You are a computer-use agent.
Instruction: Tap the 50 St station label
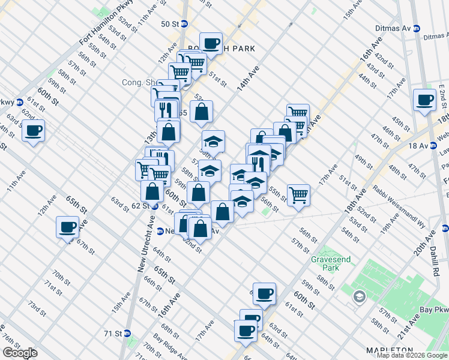(x=170, y=24)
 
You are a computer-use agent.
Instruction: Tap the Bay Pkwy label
(x=435, y=310)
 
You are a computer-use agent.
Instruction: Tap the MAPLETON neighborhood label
(x=390, y=350)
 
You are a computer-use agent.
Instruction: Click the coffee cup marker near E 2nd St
(x=425, y=100)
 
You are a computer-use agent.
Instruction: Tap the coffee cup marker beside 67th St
(x=67, y=227)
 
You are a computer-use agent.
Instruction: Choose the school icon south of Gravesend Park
(x=359, y=296)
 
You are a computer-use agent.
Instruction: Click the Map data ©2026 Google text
(x=412, y=355)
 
